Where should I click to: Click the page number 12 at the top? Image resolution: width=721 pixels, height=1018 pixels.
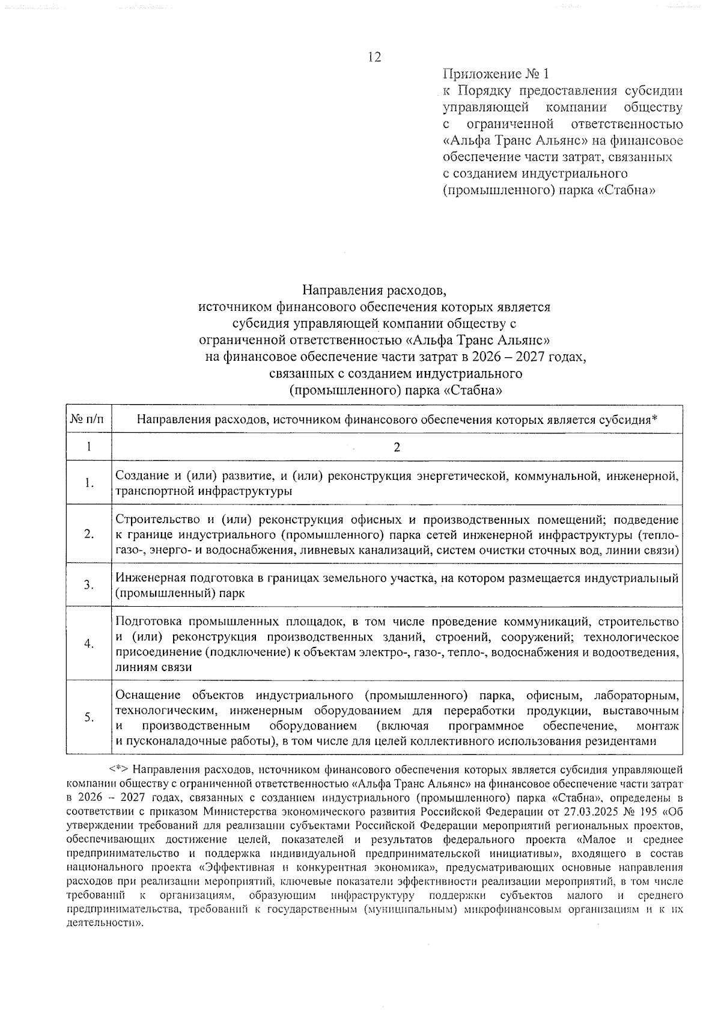(374, 57)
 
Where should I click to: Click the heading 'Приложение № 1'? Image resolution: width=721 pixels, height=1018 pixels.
(496, 75)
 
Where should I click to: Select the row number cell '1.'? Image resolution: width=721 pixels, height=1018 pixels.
(88, 483)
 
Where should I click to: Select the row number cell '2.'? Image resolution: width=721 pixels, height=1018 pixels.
(88, 535)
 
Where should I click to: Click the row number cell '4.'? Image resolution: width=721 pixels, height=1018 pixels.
(88, 644)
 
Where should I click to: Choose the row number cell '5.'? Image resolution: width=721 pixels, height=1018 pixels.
(88, 717)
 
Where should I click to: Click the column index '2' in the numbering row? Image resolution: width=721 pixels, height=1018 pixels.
(397, 447)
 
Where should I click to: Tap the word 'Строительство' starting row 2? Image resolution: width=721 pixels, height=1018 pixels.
(154, 520)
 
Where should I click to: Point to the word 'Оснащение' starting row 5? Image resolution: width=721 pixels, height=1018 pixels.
(147, 696)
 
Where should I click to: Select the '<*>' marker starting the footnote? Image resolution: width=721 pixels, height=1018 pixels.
(119, 769)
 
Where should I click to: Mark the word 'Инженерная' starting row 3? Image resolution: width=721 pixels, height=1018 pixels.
(150, 578)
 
